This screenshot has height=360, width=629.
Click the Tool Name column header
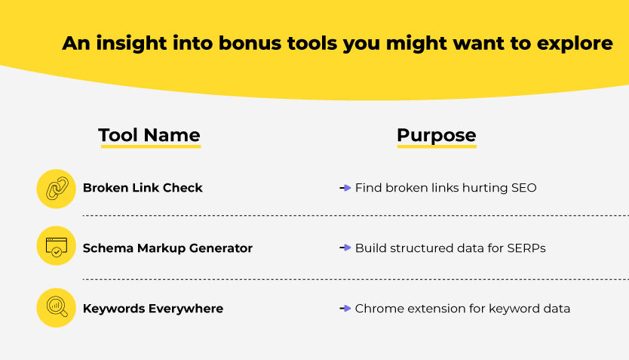click(149, 135)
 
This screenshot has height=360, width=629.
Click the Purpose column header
click(437, 135)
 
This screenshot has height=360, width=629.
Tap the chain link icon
click(57, 188)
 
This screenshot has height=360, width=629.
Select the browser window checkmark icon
click(56, 247)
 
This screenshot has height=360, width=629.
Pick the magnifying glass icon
click(57, 307)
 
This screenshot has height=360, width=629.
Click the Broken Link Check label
click(143, 188)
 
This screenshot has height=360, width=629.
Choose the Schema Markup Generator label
click(167, 248)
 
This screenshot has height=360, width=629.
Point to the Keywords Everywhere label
click(153, 308)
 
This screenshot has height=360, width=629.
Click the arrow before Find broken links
click(345, 187)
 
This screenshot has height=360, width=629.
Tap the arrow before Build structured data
click(345, 248)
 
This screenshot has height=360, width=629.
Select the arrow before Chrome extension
click(345, 308)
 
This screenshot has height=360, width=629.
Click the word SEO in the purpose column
click(523, 188)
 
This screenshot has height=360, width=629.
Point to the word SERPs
click(526, 248)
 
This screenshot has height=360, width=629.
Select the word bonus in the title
click(250, 43)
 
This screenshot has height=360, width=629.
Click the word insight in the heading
click(131, 43)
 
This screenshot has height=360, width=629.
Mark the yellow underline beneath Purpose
click(437, 146)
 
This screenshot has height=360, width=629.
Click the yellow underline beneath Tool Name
click(151, 146)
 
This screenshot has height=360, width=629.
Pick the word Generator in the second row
click(221, 248)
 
